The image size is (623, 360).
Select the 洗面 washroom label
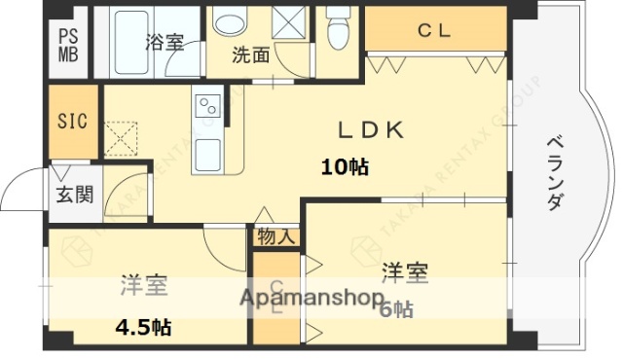click(x=250, y=55)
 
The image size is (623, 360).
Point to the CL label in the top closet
click(x=434, y=30)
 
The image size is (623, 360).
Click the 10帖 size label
click(x=345, y=166)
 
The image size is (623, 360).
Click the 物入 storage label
click(x=276, y=236)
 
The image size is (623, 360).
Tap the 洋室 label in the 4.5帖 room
click(x=144, y=285)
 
